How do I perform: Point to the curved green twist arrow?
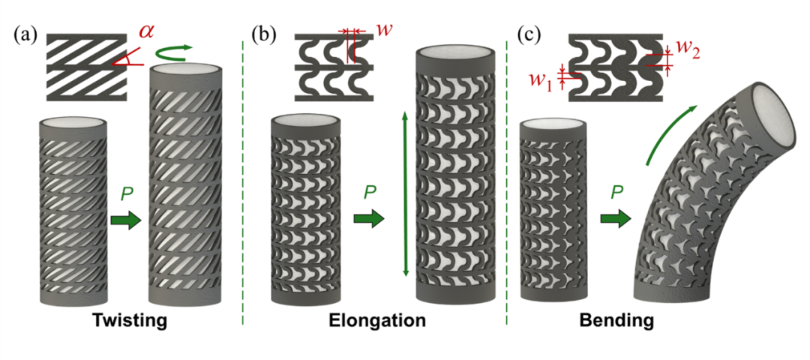(x=173, y=52)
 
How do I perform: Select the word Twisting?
(x=129, y=322)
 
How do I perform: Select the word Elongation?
(x=377, y=322)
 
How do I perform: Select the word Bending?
(x=616, y=322)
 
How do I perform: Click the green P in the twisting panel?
(x=125, y=196)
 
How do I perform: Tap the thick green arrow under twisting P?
(x=125, y=220)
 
